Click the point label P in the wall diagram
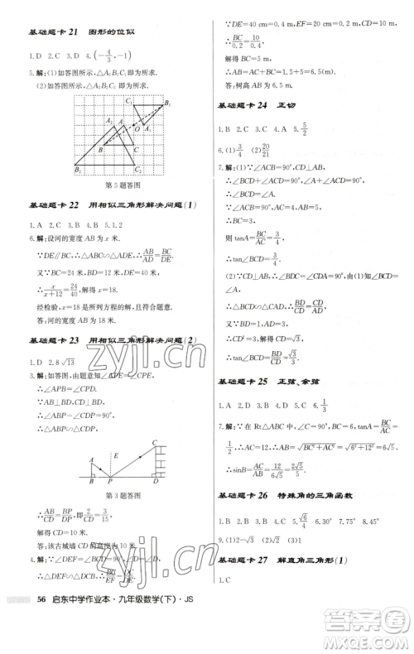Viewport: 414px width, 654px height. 110,478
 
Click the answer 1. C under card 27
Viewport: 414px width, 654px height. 227,606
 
